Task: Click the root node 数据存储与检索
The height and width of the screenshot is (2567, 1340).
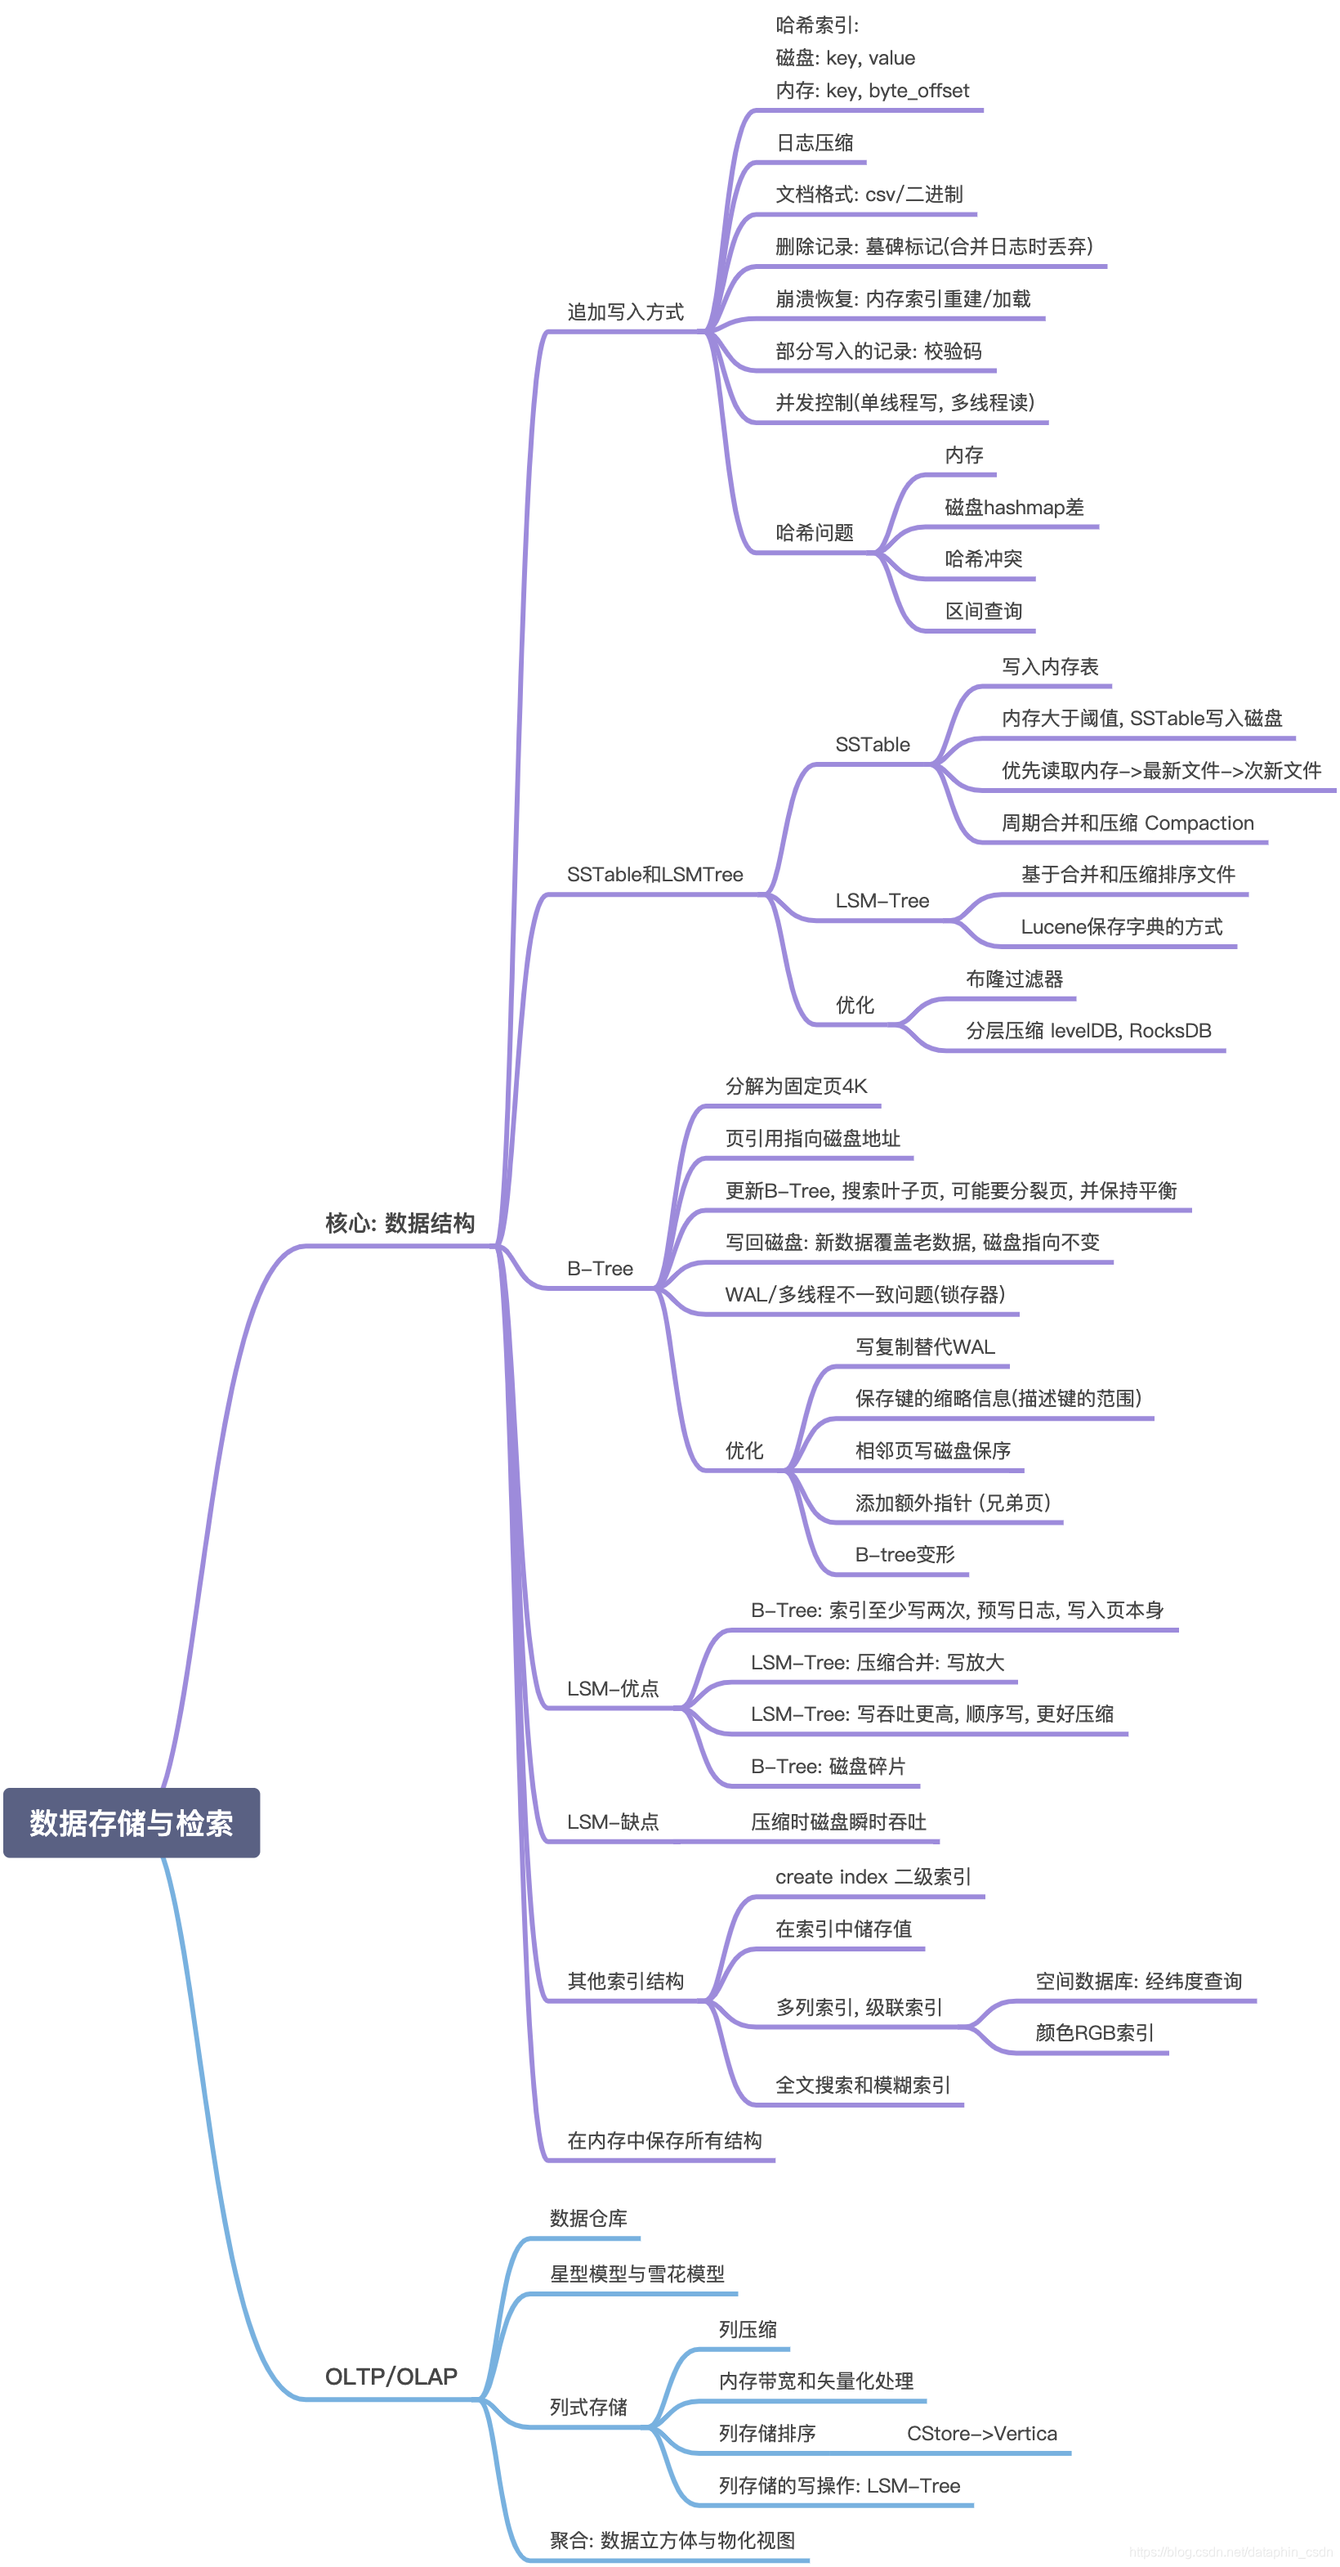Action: (x=132, y=1822)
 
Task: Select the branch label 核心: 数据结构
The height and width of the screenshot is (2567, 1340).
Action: (x=400, y=1223)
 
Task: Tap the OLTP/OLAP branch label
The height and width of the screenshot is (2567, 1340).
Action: (x=391, y=2377)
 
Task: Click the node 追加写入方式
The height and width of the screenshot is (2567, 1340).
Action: (x=625, y=312)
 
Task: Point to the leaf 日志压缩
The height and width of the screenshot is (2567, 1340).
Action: (x=814, y=142)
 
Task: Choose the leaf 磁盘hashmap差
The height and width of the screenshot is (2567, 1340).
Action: (x=1013, y=507)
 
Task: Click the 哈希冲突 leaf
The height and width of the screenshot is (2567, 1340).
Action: (x=982, y=559)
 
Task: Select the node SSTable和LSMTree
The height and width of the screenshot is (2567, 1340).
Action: (x=654, y=874)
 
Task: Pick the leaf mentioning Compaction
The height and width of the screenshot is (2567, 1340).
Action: (x=1127, y=823)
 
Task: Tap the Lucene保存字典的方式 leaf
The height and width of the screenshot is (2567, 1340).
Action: (x=1121, y=927)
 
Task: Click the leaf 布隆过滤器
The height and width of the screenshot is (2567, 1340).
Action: (x=1013, y=979)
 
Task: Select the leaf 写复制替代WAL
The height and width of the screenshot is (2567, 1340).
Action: (x=925, y=1346)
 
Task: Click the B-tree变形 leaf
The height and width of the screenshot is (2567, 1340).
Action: (x=904, y=1555)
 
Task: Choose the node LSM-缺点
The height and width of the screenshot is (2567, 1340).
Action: (x=612, y=1821)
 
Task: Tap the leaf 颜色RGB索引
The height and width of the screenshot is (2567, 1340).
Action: (x=1094, y=2033)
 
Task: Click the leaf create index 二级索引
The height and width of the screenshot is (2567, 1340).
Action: (x=873, y=1876)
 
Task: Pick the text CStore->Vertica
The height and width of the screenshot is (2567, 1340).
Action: (x=981, y=2434)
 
